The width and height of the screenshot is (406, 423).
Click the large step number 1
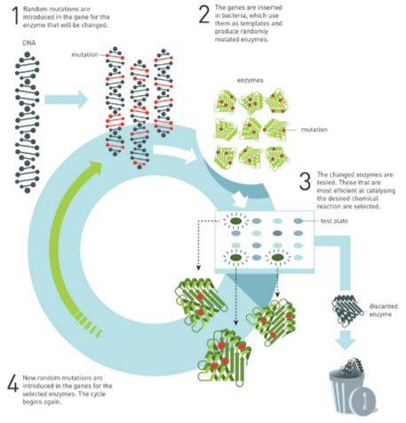pos(16,15)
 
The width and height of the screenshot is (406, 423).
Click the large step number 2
pos(204,14)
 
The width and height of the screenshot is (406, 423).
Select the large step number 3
pos(305,181)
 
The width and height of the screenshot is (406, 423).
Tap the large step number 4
pos(13,384)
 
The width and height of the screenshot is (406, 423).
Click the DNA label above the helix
pos(29,43)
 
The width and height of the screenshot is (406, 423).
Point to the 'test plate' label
pos(334,221)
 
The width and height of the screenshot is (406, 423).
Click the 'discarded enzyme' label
pos(383,310)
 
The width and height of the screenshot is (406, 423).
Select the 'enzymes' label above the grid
pos(251,80)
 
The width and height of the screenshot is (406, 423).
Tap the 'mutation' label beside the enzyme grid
pos(314,130)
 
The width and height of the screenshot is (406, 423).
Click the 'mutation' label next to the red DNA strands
pos(84,54)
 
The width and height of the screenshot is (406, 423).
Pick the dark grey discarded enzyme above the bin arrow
pos(347,310)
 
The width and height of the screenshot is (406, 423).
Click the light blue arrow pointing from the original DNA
pos(67,100)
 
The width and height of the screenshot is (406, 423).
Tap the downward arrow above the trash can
pos(346,340)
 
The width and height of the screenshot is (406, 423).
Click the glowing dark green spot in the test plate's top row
pos(235,220)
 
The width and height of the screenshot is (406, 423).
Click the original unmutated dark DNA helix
pos(28,123)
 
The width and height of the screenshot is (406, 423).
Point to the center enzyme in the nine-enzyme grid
pos(251,130)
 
